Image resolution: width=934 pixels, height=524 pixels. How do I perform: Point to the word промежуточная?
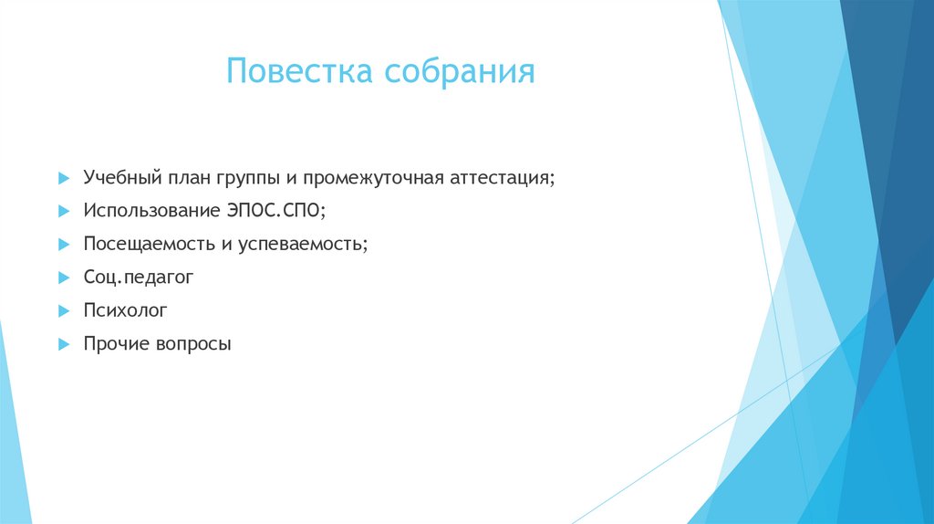click(x=373, y=176)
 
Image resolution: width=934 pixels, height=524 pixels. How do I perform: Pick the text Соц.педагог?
click(x=139, y=277)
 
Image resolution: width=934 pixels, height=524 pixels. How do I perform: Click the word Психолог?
click(x=125, y=310)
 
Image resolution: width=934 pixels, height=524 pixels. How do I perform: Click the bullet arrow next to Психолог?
click(x=63, y=311)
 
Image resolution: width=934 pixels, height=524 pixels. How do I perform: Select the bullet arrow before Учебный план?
click(x=63, y=176)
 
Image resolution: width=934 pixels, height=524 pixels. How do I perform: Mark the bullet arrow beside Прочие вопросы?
click(x=63, y=345)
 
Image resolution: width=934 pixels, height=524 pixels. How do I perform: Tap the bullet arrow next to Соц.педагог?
click(x=63, y=278)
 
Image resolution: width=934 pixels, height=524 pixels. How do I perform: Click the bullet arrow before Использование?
click(x=63, y=210)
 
